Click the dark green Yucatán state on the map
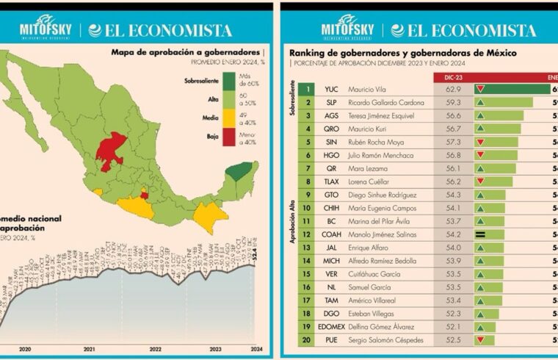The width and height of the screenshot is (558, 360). [238, 171]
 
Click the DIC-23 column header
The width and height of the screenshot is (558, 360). [453, 76]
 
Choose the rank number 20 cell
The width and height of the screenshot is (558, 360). [309, 340]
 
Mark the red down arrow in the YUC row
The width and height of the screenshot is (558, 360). [480, 90]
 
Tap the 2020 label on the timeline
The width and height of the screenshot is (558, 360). [25, 349]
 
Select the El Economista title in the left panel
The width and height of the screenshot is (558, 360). [160, 30]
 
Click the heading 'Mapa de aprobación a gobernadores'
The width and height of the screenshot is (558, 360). [186, 53]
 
